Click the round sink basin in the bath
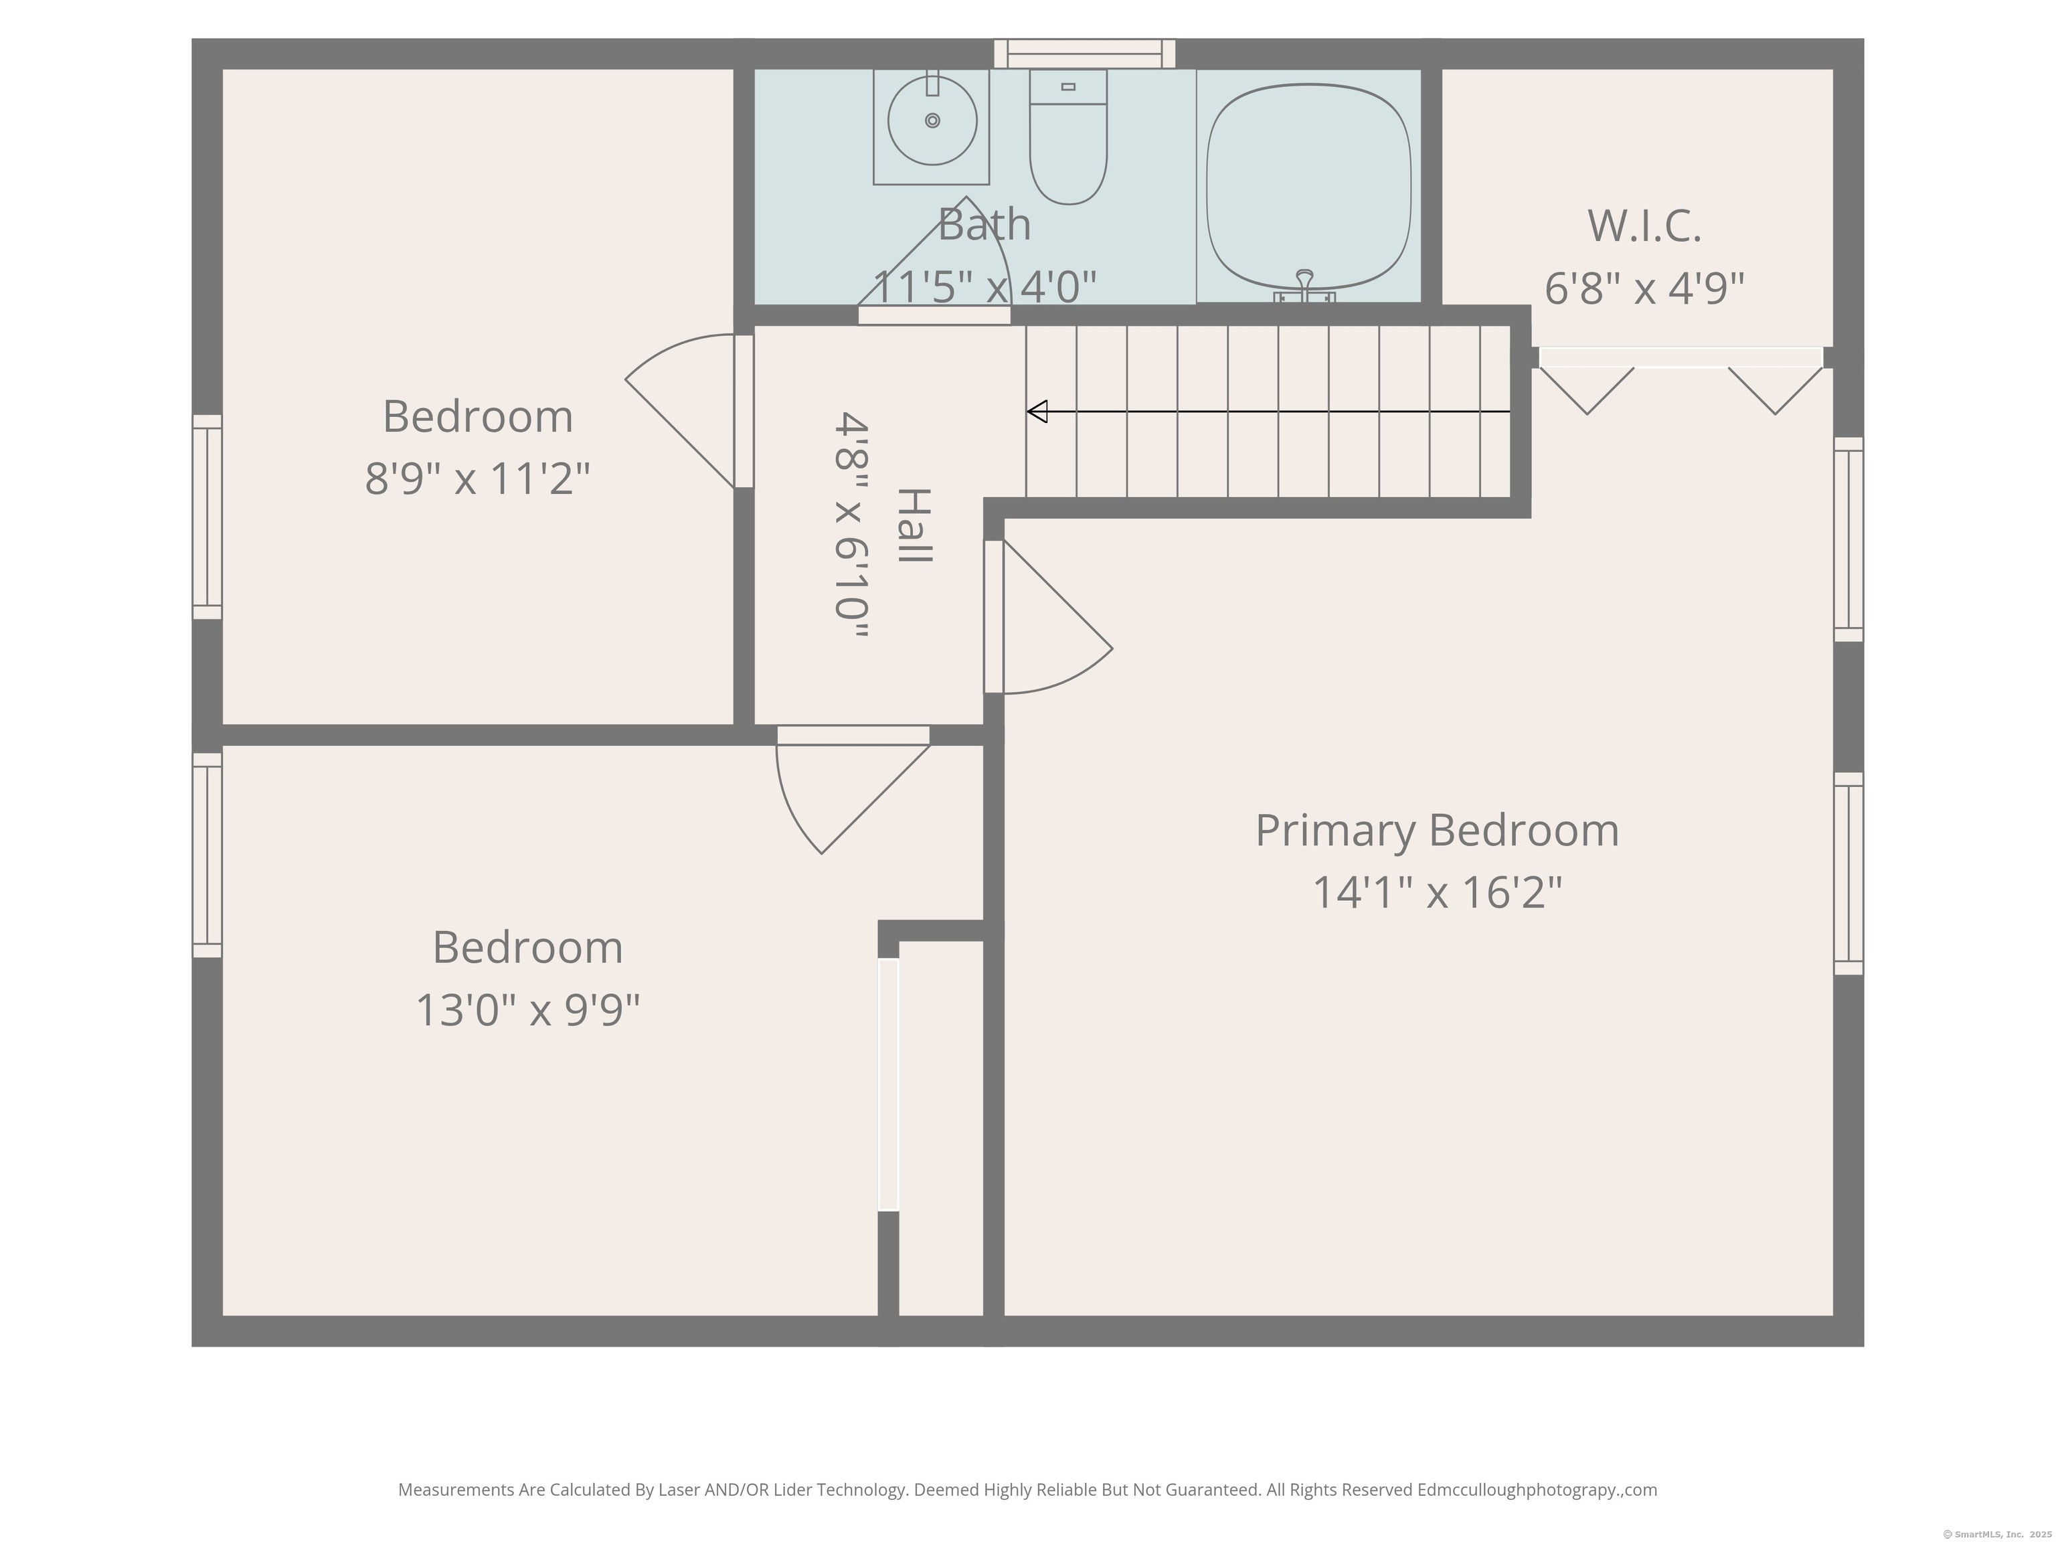tap(932, 120)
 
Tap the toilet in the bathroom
tap(1068, 137)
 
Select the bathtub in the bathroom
tap(1308, 186)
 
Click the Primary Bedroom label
tap(1437, 830)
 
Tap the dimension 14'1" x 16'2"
tap(1437, 892)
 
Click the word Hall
tap(915, 525)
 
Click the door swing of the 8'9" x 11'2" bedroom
tap(679, 409)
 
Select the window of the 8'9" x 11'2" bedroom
tap(207, 517)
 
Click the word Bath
tap(984, 224)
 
